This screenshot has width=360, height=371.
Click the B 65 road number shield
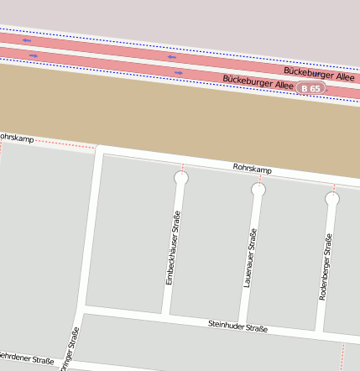[310, 88]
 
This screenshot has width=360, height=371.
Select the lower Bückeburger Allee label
[257, 83]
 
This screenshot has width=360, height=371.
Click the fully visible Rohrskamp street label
[252, 170]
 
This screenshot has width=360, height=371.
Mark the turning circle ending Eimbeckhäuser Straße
[180, 178]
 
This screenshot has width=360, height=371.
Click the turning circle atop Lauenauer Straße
[258, 190]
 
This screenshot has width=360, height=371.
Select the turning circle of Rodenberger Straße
[332, 199]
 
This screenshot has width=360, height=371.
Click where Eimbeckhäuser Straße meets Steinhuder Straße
[165, 316]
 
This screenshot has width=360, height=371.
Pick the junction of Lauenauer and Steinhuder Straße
[242, 325]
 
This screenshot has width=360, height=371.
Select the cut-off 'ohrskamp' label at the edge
[17, 137]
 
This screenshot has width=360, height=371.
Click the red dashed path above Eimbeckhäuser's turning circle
[181, 167]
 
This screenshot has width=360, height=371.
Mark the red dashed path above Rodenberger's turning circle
[333, 187]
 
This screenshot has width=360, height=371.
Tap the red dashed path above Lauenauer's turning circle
[258, 179]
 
